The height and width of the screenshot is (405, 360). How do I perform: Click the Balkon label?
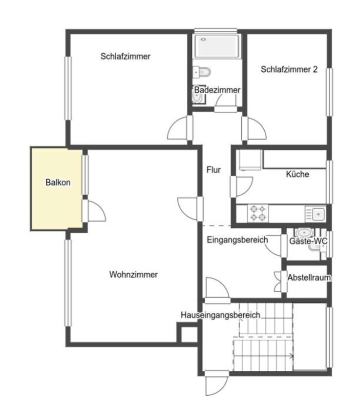[58, 182]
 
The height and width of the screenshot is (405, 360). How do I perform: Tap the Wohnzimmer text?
[133, 274]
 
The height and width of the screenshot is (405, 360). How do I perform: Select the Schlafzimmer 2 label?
[289, 69]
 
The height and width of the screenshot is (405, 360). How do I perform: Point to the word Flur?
[213, 170]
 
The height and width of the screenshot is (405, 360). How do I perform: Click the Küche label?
[297, 174]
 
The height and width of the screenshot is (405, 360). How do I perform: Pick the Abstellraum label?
[309, 278]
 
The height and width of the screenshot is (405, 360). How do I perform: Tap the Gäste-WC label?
[308, 241]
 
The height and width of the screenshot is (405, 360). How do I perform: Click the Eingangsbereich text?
[237, 240]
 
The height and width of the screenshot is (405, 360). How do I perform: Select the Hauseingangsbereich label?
[220, 315]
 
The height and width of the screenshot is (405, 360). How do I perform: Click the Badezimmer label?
[217, 90]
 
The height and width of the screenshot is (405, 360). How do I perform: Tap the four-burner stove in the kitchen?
[258, 213]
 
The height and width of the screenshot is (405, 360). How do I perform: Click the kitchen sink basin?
[318, 214]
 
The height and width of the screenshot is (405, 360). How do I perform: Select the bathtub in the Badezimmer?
[217, 46]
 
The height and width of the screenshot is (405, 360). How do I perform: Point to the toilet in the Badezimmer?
[204, 72]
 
